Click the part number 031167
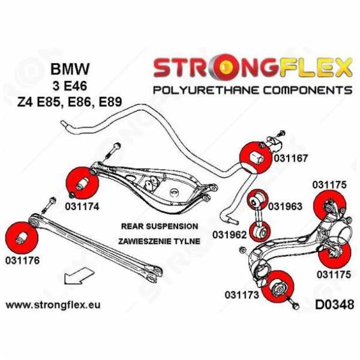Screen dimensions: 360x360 [x=290, y=158]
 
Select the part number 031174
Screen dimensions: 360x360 [x=82, y=206]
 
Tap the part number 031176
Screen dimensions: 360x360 [x=23, y=260]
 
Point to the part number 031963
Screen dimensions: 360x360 [x=285, y=206]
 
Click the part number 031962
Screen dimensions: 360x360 [x=229, y=235]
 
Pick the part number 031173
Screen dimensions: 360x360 [x=242, y=295]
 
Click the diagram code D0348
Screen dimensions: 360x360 [x=334, y=305]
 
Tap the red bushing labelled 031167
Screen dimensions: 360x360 [x=256, y=158]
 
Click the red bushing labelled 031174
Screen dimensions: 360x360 [x=82, y=183]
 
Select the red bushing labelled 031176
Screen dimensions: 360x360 [x=22, y=238]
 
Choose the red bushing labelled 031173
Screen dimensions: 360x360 [x=277, y=287]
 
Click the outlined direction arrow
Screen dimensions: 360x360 [x=79, y=276]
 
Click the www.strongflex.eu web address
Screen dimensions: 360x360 [x=53, y=305]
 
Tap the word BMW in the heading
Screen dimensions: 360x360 [x=70, y=69]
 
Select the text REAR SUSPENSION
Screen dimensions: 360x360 [x=160, y=226]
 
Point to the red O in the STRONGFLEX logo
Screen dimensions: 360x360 [x=226, y=67]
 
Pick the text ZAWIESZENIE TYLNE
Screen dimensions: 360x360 [x=159, y=241]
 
